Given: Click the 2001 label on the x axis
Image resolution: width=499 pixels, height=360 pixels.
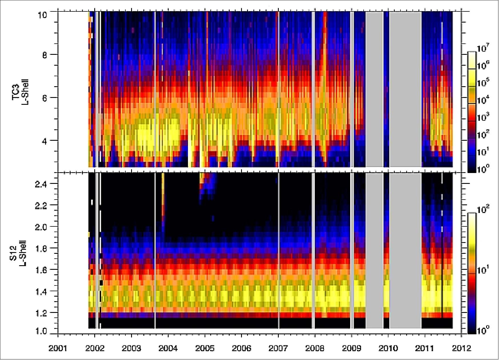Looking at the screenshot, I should tap(58, 349).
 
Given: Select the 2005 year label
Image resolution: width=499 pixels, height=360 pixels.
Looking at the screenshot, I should tap(205, 349).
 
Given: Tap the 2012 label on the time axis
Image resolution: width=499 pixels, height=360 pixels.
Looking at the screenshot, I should tap(461, 349).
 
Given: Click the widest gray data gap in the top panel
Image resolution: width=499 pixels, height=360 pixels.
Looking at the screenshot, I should tap(406, 89).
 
